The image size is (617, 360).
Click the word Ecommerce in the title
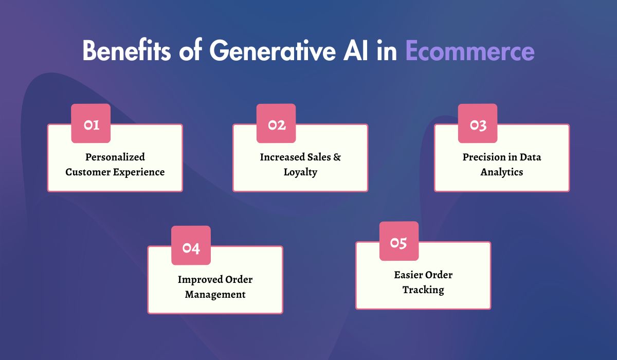click(469, 51)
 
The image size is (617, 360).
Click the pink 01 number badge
click(90, 124)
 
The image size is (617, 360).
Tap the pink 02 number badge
click(276, 124)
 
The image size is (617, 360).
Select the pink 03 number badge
click(478, 124)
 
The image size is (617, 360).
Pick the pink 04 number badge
click(191, 246)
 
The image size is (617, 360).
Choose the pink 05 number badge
click(398, 242)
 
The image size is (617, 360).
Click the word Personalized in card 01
click(115, 157)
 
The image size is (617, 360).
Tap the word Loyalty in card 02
click(300, 172)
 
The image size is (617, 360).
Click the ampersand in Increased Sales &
click(337, 157)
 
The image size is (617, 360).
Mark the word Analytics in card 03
click(502, 172)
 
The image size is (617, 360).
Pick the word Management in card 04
click(215, 294)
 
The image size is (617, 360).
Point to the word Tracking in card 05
click(423, 290)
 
